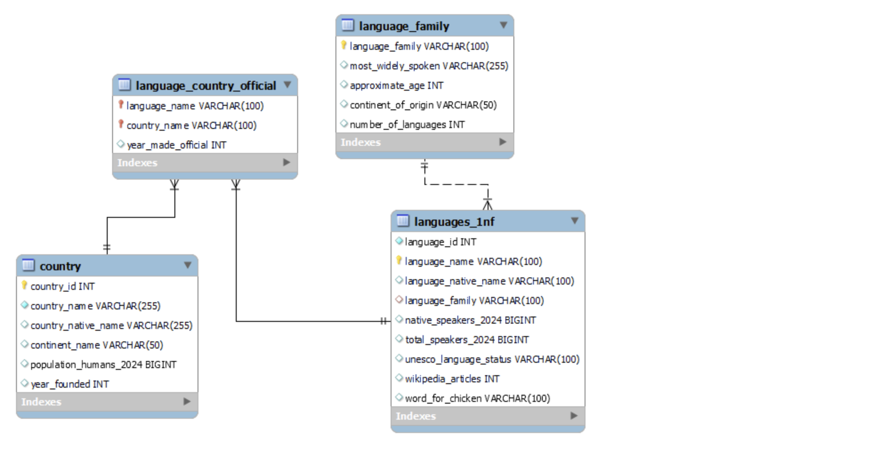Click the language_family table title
(x=404, y=26)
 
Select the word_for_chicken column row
(x=477, y=398)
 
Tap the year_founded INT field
(x=69, y=384)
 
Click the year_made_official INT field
(x=176, y=145)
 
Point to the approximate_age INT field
(x=396, y=85)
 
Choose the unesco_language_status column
(x=492, y=359)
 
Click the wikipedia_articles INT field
(x=452, y=379)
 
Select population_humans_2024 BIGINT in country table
(x=103, y=365)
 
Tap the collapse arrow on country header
(x=188, y=265)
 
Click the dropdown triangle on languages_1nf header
(x=575, y=221)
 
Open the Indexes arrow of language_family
(x=503, y=142)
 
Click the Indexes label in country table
(x=41, y=402)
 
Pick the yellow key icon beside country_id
(x=24, y=285)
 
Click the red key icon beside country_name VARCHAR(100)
(x=121, y=124)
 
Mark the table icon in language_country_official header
(x=125, y=84)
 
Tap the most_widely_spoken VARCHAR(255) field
(x=429, y=66)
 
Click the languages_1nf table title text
(x=454, y=222)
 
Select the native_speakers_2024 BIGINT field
(x=470, y=320)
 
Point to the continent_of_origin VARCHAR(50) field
(x=423, y=105)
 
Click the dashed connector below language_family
(x=456, y=184)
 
